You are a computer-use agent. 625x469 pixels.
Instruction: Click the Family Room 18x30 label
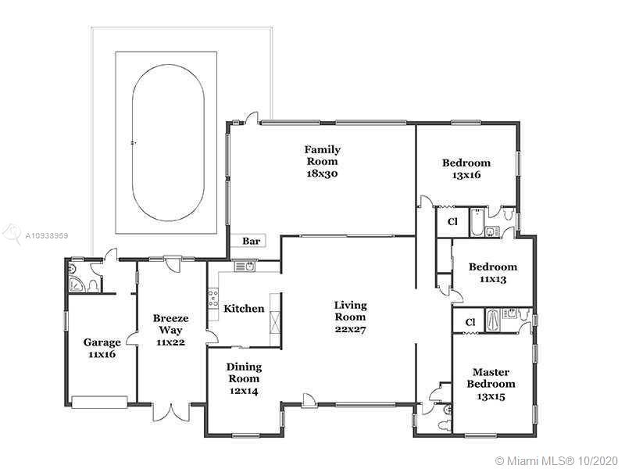point(323,161)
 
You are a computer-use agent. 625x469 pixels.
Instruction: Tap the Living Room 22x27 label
point(350,317)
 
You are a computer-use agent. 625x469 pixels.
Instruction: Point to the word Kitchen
point(244,308)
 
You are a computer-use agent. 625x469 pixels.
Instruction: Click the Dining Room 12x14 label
point(244,378)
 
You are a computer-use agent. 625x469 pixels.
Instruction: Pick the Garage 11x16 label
point(102,348)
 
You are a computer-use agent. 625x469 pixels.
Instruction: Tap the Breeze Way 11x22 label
point(170,330)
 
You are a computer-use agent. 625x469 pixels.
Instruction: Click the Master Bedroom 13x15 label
point(491,384)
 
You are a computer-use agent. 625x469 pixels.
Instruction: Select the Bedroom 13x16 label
point(466,169)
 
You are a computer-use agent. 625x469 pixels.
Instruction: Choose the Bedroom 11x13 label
point(493,273)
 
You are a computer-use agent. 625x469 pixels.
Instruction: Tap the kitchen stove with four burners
point(212,299)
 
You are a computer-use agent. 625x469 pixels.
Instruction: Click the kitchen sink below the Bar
point(245,266)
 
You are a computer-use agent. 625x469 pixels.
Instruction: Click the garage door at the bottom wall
point(99,402)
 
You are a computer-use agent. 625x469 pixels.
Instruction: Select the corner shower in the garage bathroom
point(76,284)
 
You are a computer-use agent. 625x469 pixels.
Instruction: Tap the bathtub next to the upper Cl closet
point(476,222)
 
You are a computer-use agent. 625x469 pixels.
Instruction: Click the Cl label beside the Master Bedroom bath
point(470,321)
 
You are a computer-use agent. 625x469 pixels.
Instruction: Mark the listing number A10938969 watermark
point(47,236)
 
